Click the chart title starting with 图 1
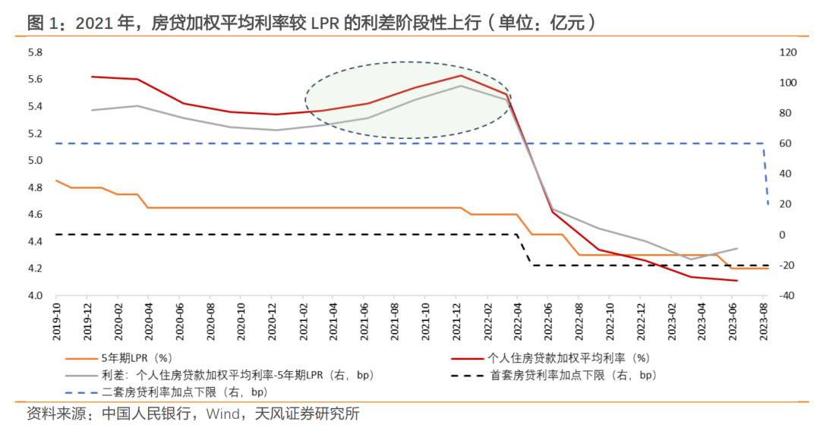[x=311, y=23]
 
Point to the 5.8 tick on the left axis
[x=35, y=52]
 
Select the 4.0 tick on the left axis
[x=35, y=295]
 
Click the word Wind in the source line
[x=222, y=414]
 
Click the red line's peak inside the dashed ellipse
[x=461, y=75]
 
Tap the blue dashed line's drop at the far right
[x=765, y=175]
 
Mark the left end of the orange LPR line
[x=56, y=181]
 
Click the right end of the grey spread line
[x=736, y=248]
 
